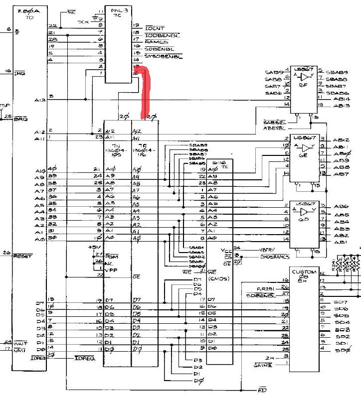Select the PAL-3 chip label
116,10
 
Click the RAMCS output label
155,42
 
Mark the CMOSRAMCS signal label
275,257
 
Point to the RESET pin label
22,256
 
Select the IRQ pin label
20,73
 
